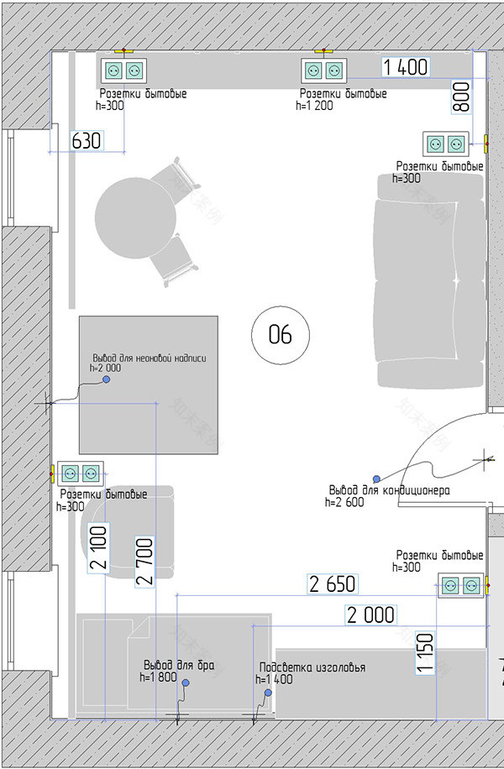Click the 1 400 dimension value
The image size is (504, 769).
pos(406,66)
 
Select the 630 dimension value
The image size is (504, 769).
pos(87,141)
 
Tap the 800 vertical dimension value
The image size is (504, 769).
pos(461,97)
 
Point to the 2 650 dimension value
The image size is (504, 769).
pos(333,584)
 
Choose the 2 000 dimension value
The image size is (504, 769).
pos(370,615)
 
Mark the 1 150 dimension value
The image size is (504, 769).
pos(425,653)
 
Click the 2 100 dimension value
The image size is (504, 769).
pos(98,547)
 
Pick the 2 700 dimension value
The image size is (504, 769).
pos(144,562)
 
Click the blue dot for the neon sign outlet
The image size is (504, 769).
pos(106,379)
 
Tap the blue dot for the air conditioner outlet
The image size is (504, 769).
pos(376,479)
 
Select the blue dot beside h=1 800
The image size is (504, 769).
pos(186,683)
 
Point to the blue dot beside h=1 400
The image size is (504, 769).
pos(268,693)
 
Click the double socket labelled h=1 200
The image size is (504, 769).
pos(324,71)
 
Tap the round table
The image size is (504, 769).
pos(135,218)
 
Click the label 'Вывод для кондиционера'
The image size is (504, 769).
pos(389,490)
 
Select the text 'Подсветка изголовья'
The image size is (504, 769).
pos(312,667)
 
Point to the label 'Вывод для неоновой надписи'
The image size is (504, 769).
pos(150,358)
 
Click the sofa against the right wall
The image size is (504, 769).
pos(429,281)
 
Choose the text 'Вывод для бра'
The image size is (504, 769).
pos(179,665)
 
